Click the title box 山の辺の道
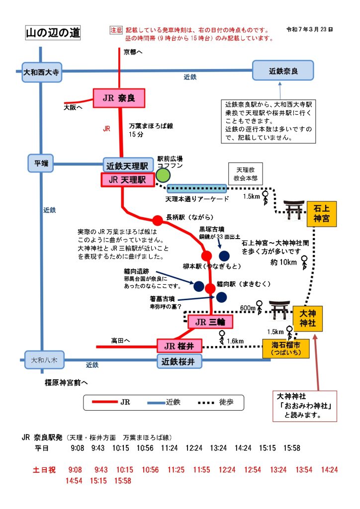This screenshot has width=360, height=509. point(53,33)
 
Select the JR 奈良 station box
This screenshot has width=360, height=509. point(119,98)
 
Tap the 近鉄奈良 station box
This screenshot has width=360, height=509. point(283,71)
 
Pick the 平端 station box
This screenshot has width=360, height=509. point(41,164)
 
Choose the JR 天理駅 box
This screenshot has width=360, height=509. point(127,180)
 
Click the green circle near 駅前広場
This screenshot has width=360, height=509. point(163,175)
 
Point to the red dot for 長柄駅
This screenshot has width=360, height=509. point(157,220)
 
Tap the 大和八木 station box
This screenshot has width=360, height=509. point(44,359)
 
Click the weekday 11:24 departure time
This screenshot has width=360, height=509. point(169,448)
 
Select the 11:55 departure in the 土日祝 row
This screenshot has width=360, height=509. point(201,470)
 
